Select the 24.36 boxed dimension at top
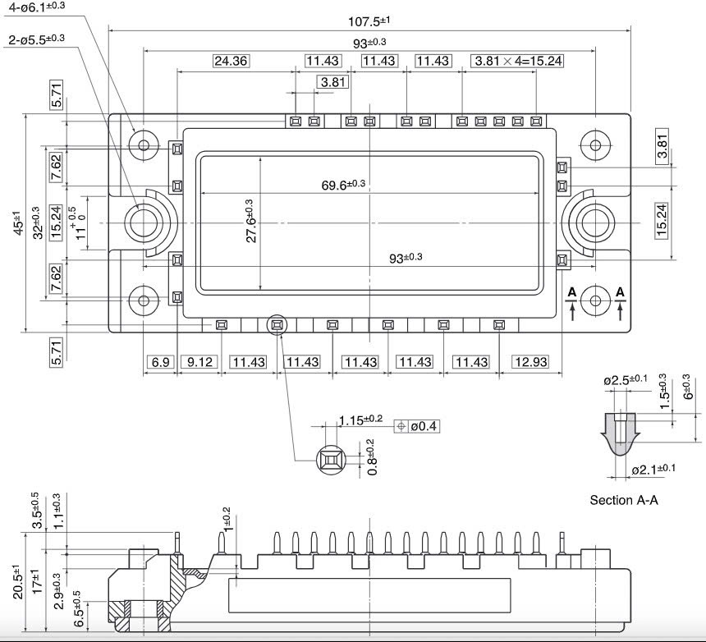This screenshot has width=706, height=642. pos(231,61)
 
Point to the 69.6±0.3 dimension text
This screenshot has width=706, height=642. pos(343,185)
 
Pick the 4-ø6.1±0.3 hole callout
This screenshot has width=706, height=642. pos(37,7)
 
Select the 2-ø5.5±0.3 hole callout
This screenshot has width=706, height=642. pos(36,39)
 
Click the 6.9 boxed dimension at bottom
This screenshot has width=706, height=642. pos(159,362)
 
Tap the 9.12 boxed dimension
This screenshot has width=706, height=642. pos(197,362)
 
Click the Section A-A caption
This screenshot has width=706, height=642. pos(624,499)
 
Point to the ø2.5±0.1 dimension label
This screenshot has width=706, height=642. pos(626,381)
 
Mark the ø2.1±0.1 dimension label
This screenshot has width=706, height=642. pos(653,470)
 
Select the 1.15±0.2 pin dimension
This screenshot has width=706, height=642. pos(361,420)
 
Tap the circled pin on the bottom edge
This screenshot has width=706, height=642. pos(277,325)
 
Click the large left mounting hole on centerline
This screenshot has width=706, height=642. pos(145,222)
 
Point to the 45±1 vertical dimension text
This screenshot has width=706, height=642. pos(18,223)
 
